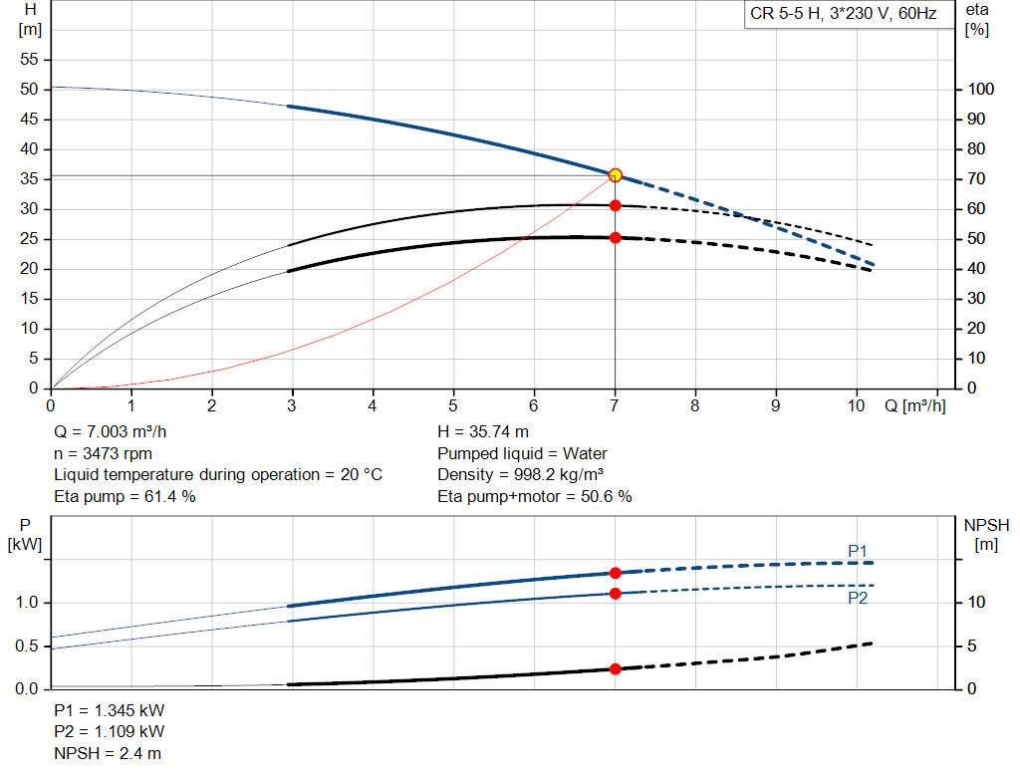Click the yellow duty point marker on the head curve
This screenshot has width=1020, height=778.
pos(616,175)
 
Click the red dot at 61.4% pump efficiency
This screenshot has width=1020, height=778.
pos(616,205)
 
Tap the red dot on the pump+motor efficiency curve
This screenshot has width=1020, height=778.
pos(616,238)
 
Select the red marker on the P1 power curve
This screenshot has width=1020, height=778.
pos(616,573)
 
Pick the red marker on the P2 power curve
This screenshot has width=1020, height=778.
pos(616,594)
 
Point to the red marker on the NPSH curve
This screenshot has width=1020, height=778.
pos(616,668)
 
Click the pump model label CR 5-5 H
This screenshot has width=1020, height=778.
pos(786,14)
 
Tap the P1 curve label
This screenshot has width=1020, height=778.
pos(858,552)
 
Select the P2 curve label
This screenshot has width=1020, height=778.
pos(858,598)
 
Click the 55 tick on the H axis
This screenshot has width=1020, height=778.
pos(29,59)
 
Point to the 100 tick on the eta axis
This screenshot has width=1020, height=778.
pos(981,89)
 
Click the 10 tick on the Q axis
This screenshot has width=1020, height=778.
pos(856,405)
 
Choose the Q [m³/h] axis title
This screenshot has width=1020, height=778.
pos(915,405)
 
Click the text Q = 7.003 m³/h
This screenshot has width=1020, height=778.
pos(110,432)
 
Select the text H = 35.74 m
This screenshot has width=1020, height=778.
pos(483,432)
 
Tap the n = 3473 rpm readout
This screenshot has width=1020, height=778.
pos(103,453)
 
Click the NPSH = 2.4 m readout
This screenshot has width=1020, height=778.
pos(108,753)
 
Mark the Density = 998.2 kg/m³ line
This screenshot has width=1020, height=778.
pos(520,475)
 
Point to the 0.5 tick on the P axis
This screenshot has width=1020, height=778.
pos(27,646)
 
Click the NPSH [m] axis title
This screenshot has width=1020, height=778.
pos(986,535)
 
